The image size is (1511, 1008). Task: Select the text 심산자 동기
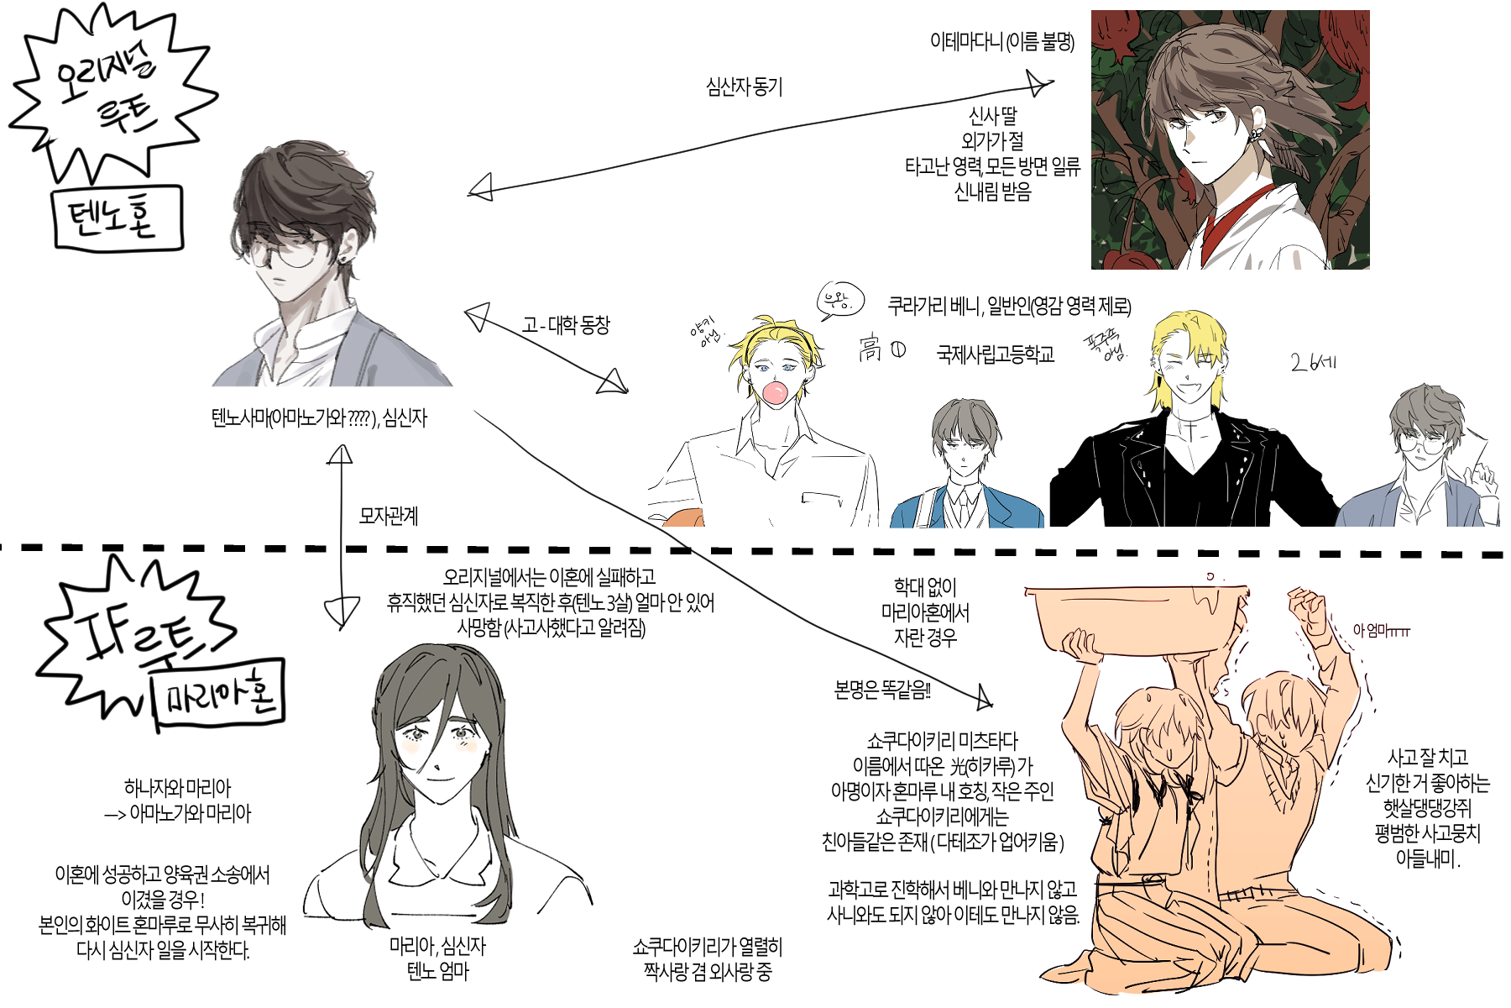click(x=744, y=87)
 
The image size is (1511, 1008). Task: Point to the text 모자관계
click(x=388, y=516)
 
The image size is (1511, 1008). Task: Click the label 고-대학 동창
click(x=566, y=324)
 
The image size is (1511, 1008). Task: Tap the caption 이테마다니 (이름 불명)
click(x=1001, y=41)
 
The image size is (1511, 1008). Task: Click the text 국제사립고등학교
click(x=995, y=354)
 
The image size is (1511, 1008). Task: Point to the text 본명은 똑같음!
click(x=881, y=690)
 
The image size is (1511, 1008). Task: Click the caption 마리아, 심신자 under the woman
click(x=437, y=947)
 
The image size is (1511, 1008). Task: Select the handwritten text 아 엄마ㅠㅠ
click(x=1380, y=630)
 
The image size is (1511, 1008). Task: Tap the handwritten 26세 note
click(x=1313, y=363)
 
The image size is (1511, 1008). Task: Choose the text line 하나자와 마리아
click(x=177, y=788)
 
